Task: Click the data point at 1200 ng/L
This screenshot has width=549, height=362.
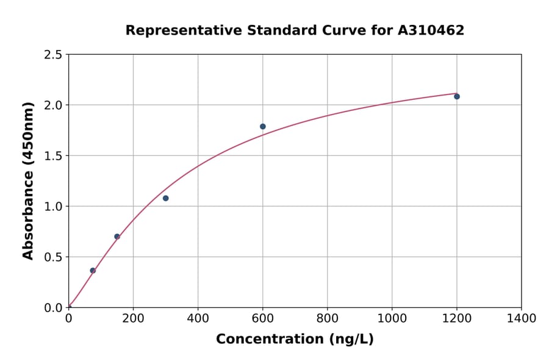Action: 456,96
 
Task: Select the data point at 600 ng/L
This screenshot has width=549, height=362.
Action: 263,127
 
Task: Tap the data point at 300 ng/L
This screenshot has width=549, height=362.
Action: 165,198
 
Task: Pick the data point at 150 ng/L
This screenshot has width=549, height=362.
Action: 117,236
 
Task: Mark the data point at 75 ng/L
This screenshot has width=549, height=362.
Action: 93,271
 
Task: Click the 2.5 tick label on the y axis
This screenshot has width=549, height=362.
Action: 54,55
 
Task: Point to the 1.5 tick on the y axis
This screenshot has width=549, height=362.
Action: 54,156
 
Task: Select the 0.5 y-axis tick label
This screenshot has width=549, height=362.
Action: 54,257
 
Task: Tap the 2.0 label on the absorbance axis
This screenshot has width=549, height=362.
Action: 54,105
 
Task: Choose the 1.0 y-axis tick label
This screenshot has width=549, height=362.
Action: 54,207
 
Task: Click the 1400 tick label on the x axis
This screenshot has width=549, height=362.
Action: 521,319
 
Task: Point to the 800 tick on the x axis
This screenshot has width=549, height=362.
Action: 327,319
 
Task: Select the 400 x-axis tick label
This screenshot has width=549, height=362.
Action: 198,319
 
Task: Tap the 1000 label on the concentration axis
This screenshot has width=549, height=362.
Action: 392,319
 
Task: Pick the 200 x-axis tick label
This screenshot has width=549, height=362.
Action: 133,319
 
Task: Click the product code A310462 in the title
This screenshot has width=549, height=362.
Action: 431,30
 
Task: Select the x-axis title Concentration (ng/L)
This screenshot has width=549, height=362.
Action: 295,339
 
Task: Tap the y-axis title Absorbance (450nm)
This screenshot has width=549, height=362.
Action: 28,180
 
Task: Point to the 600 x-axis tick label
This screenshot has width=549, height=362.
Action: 262,319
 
